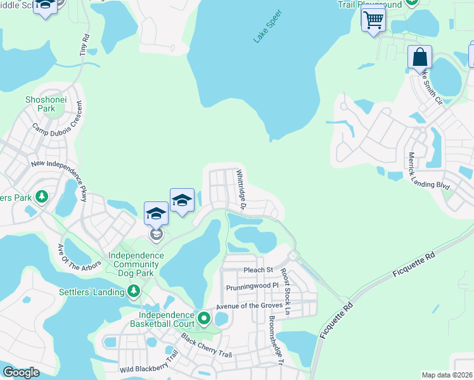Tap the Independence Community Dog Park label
tap(136, 265)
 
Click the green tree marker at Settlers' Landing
tap(134, 291)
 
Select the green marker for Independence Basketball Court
tap(203, 317)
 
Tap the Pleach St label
tap(258, 270)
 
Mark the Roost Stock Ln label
tap(285, 292)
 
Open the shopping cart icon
tap(373, 20)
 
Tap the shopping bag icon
tap(420, 57)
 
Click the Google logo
tap(22, 372)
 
